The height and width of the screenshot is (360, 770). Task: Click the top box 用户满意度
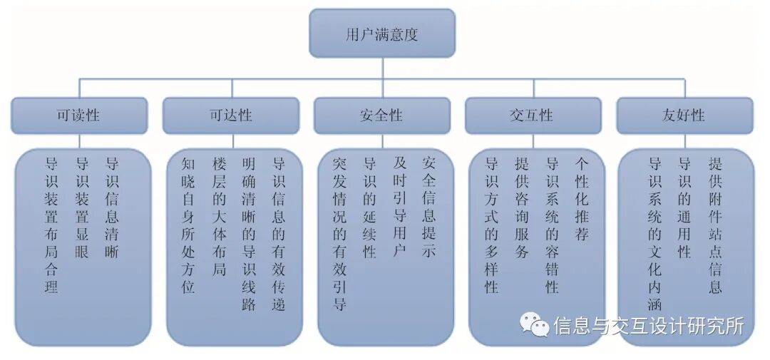(x=381, y=33)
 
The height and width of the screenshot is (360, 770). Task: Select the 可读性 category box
(x=79, y=115)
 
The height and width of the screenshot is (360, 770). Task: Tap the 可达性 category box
(x=230, y=115)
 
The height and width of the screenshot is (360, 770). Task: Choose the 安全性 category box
(x=381, y=115)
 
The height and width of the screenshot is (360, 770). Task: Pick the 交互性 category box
(x=533, y=115)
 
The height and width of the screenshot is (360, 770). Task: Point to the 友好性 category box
(x=684, y=115)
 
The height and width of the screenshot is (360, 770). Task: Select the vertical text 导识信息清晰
(x=111, y=208)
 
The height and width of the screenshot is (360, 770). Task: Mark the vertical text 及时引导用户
(x=399, y=208)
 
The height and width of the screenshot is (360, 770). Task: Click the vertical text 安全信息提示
(x=429, y=208)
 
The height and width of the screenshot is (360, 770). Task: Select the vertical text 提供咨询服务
(x=521, y=208)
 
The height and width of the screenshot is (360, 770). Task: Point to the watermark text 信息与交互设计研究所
(x=649, y=326)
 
